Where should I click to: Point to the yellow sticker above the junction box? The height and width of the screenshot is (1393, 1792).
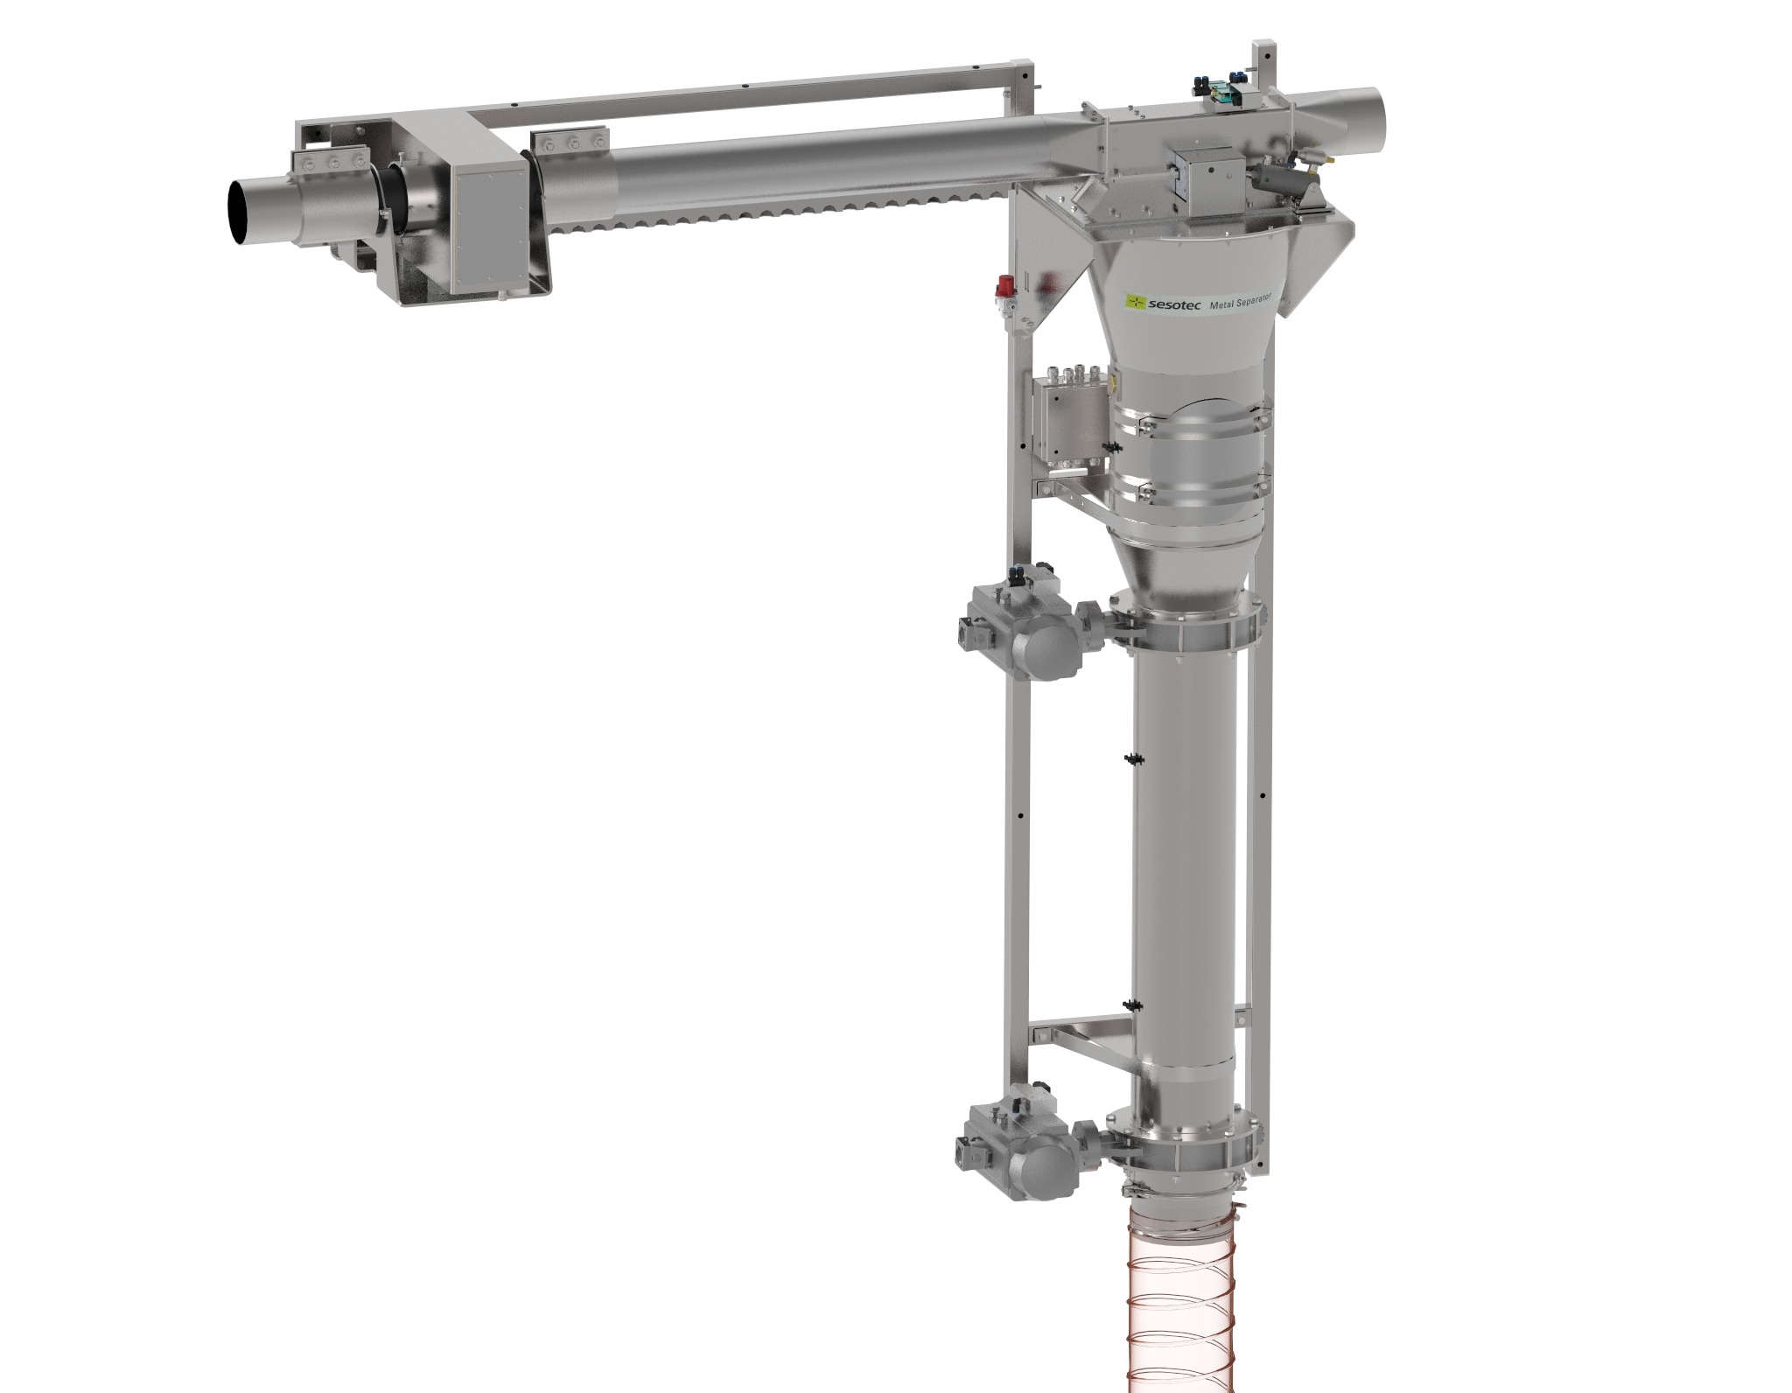point(1114,381)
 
